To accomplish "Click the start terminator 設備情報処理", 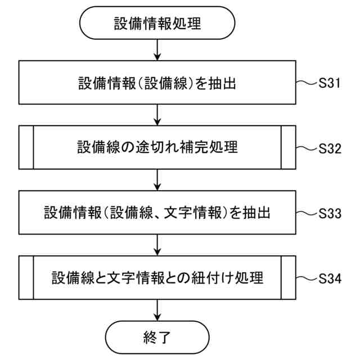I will click(157, 24).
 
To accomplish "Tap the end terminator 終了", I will click(157, 337).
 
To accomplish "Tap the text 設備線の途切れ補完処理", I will click(157, 148).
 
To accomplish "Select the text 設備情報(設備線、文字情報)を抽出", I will click(157, 213).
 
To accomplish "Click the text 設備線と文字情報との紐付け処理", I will click(157, 278).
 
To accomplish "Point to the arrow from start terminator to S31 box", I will click(157, 51).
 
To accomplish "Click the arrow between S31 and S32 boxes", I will click(157, 115).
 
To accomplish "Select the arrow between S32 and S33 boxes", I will click(157, 181).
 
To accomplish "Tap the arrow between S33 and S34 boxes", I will click(157, 245).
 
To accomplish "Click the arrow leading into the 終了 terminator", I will click(157, 310).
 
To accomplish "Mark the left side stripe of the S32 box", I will click(26, 148).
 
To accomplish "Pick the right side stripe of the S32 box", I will click(288, 148).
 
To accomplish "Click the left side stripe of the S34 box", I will click(26, 278).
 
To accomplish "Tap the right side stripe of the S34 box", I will click(288, 278).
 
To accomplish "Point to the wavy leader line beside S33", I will click(307, 213).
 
